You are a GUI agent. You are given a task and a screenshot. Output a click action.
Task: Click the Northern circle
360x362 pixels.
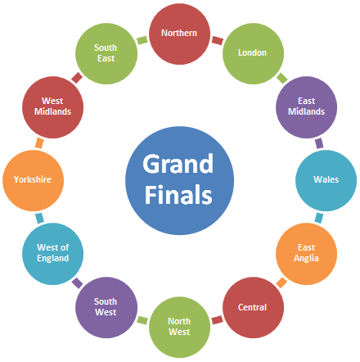pos(179,34)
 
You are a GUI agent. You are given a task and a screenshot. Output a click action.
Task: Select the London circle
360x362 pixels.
pos(253,53)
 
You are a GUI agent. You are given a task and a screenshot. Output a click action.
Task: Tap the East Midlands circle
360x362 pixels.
pos(306,107)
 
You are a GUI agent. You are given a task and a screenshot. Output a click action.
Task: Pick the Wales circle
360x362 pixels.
pos(326,180)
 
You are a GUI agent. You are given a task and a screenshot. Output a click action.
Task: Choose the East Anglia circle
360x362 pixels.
pos(306,254)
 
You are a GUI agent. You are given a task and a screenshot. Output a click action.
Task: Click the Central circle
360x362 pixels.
pos(253,307)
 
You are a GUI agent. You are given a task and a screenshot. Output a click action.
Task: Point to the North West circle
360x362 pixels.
pos(179,327)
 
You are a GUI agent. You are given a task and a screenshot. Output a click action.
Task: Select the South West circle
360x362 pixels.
pos(106,307)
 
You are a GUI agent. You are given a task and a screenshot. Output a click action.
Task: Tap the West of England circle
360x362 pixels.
pos(52,254)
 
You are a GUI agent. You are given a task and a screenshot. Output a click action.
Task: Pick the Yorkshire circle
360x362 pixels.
pos(33,180)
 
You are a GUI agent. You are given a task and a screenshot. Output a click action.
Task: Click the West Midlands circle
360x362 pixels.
pos(52,107)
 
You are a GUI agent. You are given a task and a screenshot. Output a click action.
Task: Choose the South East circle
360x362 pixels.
pos(106,53)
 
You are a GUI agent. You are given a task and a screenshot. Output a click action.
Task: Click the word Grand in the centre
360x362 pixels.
pos(178,164)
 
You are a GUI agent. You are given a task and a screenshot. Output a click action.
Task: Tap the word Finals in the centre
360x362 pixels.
pos(178,194)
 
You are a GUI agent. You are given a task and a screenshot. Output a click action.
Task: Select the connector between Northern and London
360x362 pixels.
pos(218,40)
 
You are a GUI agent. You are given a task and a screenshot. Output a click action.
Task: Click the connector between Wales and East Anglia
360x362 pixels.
pos(319,218)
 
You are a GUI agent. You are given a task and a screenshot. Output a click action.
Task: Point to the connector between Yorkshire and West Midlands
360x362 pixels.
pos(39,143)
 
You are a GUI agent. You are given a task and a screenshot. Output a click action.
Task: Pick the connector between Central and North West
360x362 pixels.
pos(217,320)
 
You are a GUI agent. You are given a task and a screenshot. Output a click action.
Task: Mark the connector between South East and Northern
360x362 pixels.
pos(142,40)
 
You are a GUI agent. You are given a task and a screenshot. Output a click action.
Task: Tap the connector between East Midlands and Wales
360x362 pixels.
pos(319,143)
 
